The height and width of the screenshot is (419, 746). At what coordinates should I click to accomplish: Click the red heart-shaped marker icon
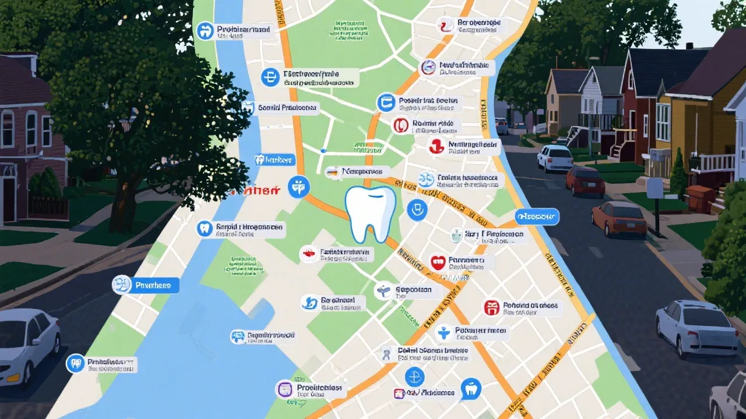coord(438,261)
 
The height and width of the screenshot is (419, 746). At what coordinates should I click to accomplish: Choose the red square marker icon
coord(492,307)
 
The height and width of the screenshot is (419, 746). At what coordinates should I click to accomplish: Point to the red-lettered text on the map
coord(254,190)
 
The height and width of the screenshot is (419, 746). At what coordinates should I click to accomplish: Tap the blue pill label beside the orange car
coord(537,217)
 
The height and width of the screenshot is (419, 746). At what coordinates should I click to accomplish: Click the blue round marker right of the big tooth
coord(417,209)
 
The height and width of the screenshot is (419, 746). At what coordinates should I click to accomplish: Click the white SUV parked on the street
coord(555,157)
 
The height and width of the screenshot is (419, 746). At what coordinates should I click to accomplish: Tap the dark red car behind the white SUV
coord(585,180)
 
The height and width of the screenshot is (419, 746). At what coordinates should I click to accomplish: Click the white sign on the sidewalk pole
coord(654,187)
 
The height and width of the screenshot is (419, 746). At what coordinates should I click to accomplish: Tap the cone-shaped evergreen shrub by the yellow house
coord(678,172)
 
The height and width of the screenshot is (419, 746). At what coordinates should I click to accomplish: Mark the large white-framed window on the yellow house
coord(663,122)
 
